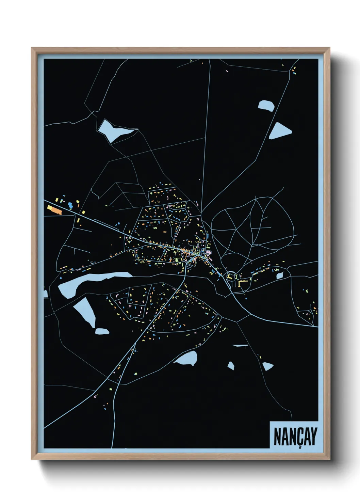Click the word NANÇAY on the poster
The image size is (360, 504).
(x=295, y=436)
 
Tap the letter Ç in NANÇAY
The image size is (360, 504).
(x=298, y=437)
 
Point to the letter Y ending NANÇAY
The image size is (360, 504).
(x=313, y=436)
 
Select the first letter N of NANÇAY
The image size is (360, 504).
(x=277, y=436)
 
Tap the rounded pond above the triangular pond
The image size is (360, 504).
(x=266, y=105)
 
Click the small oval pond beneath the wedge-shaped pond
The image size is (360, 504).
(x=101, y=331)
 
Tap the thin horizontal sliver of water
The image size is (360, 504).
(x=241, y=345)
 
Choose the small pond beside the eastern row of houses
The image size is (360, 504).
(x=279, y=275)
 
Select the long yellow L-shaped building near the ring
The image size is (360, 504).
(x=242, y=283)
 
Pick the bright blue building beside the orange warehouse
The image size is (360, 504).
(x=70, y=205)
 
